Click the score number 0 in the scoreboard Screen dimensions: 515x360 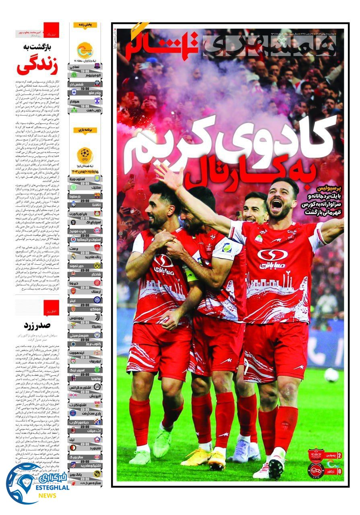(339, 470)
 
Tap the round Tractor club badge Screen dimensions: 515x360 (315, 470)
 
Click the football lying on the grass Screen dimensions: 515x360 (331, 375)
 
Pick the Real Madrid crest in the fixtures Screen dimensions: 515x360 (73, 256)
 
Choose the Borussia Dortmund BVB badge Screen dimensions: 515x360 (97, 266)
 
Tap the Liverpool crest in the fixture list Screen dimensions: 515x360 (73, 361)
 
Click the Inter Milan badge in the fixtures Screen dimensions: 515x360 (97, 300)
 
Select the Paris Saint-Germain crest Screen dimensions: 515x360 (73, 413)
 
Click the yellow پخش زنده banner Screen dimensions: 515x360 (85, 25)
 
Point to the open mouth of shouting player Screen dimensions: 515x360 (277, 205)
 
